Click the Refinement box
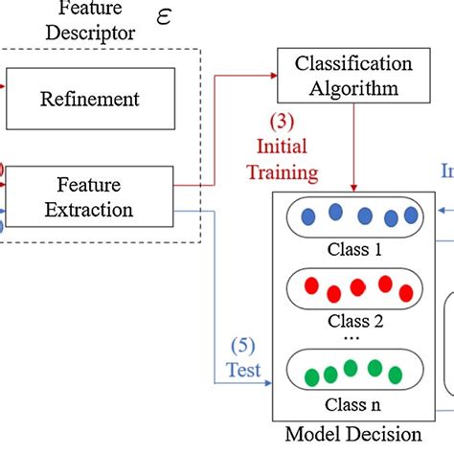[90, 99]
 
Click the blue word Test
[243, 370]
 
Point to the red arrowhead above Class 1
[356, 187]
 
